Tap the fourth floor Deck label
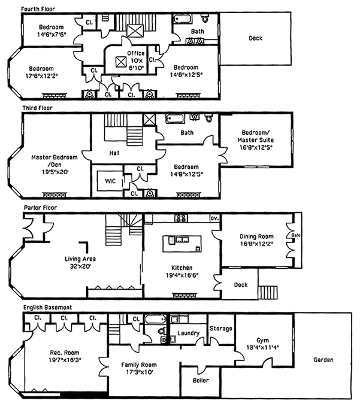pos(255,38)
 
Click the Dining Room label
pos(256,240)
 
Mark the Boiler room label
pos(201,380)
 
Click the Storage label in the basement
pos(220,328)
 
